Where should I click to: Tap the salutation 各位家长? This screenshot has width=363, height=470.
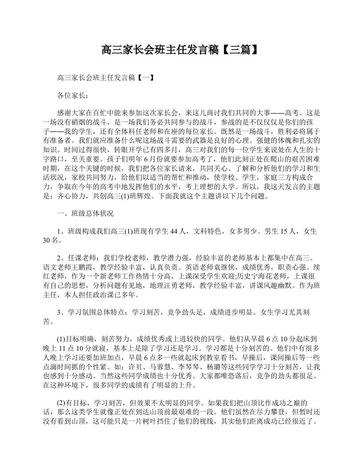[x=70, y=95]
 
